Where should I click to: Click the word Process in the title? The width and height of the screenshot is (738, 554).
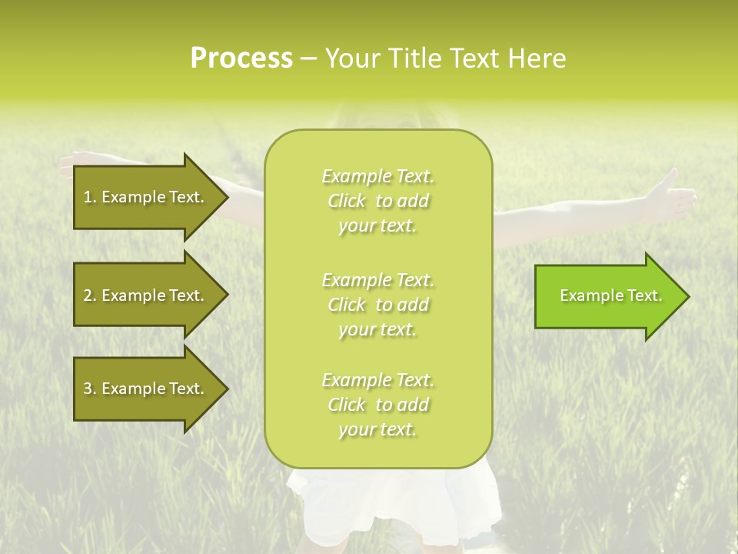tap(241, 58)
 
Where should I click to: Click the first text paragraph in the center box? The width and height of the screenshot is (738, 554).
tap(377, 201)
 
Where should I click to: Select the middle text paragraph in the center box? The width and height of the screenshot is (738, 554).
tap(377, 305)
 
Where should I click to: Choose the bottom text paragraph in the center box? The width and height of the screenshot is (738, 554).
tap(377, 405)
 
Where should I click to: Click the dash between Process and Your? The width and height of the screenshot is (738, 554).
tap(308, 59)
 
